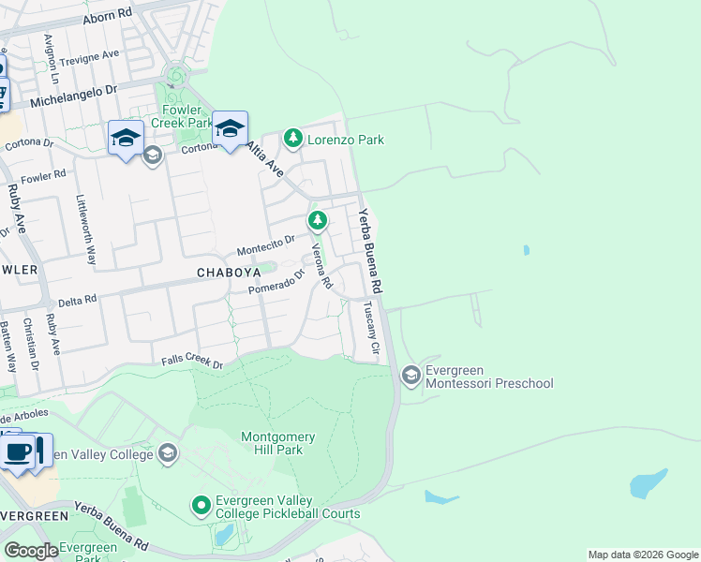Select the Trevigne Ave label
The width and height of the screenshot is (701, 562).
[89, 58]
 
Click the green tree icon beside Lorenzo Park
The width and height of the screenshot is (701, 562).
[294, 139]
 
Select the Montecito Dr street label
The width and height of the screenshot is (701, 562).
[266, 245]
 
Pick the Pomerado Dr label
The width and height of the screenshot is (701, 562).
[276, 283]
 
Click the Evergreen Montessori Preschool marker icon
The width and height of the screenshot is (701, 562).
[410, 376]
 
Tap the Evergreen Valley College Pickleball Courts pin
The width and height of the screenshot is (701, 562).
[201, 506]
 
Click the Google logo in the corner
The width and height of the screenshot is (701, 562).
[30, 552]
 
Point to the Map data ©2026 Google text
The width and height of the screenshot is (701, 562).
[643, 555]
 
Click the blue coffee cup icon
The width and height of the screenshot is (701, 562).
[19, 452]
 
